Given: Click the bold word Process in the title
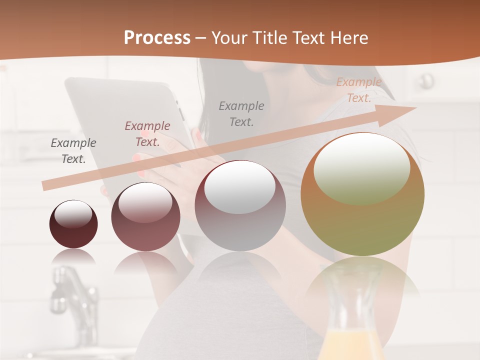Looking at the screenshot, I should coord(157,38).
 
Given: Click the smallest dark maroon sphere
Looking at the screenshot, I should coord(73,224).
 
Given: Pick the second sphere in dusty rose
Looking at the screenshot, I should coord(145,217).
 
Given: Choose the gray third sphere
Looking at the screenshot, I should coord(240,205).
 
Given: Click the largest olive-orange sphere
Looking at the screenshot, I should coord(362,194).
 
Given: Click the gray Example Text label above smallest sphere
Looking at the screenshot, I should coord(73,151).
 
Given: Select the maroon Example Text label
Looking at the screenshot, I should coord(147,134).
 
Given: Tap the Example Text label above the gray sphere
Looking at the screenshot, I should coord(241,113).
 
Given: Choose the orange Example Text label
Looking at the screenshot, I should coord(359,90).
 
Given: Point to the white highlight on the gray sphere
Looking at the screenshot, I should coord(240,187).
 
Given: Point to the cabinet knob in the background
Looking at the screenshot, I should coord(426,80).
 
